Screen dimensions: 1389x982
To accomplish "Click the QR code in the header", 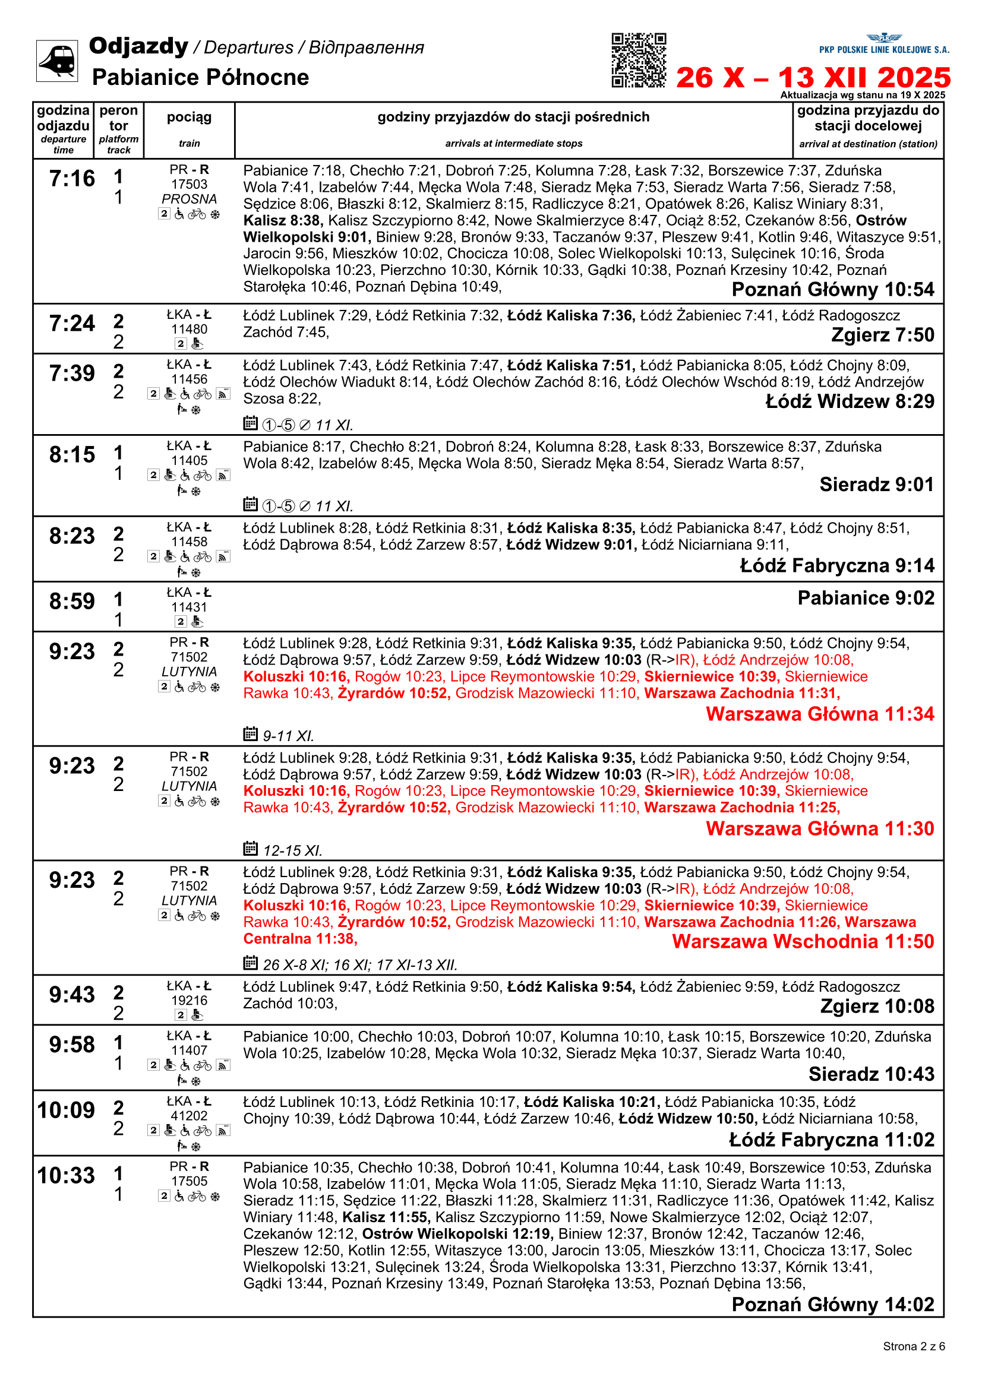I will [x=639, y=61].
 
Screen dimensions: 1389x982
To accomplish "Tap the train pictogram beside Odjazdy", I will [x=57, y=61].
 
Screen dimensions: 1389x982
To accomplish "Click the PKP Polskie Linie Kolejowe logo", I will [x=884, y=44].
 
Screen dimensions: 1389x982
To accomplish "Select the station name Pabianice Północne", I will [x=200, y=77].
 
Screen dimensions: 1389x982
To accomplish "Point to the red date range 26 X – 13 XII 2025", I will [x=813, y=78].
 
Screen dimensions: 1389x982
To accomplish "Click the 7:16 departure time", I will [x=72, y=179].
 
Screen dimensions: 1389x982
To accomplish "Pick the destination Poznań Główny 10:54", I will [x=832, y=290].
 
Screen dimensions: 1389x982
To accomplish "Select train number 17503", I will [x=189, y=185].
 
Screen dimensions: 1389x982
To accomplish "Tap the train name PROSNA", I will [x=189, y=199].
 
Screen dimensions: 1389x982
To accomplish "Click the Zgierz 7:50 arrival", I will [x=882, y=334].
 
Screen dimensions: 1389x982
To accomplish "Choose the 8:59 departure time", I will [x=72, y=602].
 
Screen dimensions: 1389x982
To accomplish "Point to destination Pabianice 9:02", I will [x=866, y=598].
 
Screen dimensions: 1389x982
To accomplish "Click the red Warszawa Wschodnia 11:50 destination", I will [x=803, y=941].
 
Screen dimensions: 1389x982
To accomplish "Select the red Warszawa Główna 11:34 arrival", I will [x=820, y=714].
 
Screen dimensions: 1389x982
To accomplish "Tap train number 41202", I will [x=189, y=1116].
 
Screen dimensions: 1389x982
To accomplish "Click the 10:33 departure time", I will [x=66, y=1175].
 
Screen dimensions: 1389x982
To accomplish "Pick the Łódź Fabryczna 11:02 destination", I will [x=831, y=1140].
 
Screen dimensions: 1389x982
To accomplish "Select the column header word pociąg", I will [x=189, y=117].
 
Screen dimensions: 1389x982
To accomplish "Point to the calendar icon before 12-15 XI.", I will [x=250, y=848].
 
